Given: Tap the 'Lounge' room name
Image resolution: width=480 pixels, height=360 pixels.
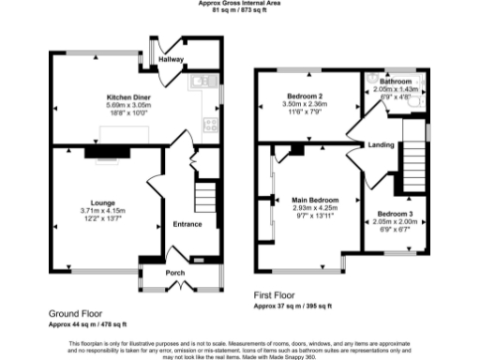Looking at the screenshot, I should [x=102, y=202].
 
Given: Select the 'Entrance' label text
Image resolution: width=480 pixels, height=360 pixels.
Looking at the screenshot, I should [x=187, y=224].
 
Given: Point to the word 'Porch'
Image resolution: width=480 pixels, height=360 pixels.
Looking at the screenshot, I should [x=174, y=274].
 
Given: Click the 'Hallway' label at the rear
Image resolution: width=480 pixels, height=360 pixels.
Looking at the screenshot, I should [x=171, y=59].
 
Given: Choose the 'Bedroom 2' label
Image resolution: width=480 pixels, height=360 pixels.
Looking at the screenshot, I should [x=301, y=97].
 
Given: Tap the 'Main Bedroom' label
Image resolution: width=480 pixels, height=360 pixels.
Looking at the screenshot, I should [x=313, y=200].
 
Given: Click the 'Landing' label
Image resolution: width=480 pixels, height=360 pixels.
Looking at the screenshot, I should [x=381, y=144].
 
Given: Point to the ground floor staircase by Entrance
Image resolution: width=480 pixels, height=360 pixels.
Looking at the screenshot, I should [x=202, y=197].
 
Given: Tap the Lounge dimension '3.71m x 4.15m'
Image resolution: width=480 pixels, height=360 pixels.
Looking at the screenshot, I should [x=102, y=210].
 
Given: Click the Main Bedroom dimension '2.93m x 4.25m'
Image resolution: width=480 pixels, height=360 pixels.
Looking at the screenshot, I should [x=313, y=208].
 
